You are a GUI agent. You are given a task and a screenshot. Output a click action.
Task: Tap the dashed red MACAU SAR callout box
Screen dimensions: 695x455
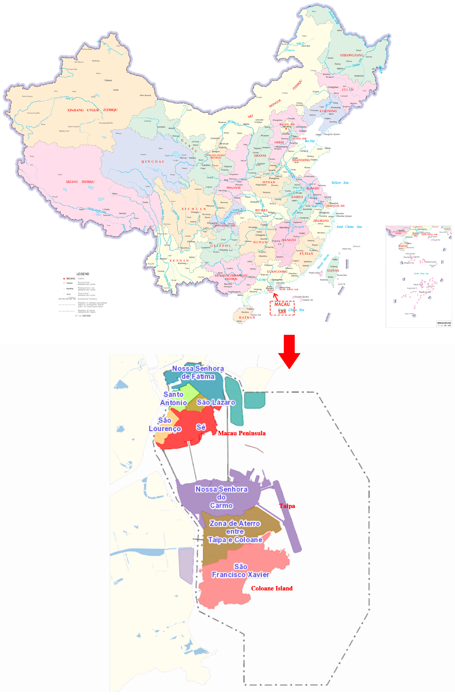click(x=282, y=308)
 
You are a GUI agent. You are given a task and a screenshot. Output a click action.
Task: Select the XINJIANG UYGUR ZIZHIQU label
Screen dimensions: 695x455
click(x=92, y=110)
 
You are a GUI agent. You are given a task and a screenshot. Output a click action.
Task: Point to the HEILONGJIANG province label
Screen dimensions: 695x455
click(x=351, y=55)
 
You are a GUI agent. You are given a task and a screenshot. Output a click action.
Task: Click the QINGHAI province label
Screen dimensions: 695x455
click(x=153, y=161)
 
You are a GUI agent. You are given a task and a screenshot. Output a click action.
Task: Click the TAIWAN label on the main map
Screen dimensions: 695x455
click(x=333, y=270)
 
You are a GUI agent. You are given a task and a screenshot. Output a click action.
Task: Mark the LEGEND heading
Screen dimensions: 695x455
click(x=83, y=274)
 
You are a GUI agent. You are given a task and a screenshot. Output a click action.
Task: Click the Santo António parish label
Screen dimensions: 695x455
click(x=174, y=398)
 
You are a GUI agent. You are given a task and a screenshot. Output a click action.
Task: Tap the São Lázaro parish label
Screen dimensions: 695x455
click(x=216, y=402)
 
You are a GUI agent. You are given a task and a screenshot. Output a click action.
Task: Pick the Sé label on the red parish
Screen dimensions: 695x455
click(x=201, y=427)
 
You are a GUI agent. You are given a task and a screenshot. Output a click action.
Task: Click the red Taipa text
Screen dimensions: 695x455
click(x=287, y=506)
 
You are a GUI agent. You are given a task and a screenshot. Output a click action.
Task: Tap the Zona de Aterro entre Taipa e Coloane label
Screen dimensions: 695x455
click(x=235, y=531)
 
